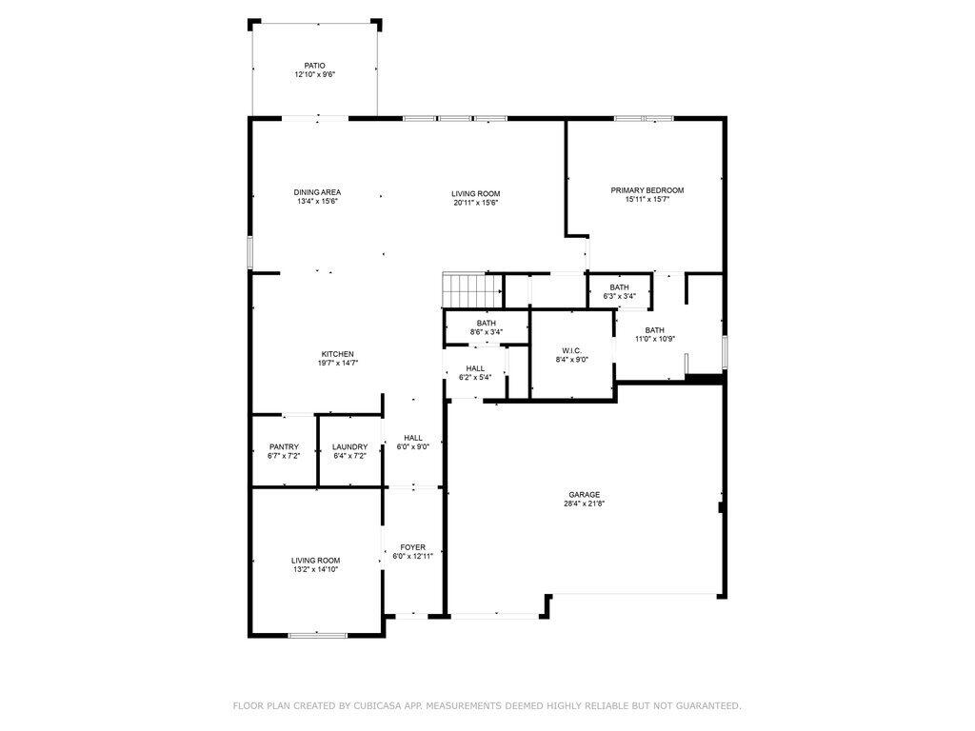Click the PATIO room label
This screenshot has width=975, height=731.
[x=314, y=66]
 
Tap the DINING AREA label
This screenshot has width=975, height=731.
[x=317, y=192]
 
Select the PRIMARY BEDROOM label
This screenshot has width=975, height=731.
[x=647, y=190]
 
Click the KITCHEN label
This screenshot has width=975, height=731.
[x=337, y=354]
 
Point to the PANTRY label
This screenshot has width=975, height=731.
[x=284, y=447]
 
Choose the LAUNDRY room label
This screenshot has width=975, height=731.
[x=349, y=447]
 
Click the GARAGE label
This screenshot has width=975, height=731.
[x=584, y=495]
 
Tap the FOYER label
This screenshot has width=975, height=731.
[x=412, y=547]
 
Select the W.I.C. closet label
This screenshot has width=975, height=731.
[x=571, y=351]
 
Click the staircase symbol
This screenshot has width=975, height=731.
[x=472, y=288]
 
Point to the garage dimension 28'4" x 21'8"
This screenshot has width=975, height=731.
[x=584, y=504]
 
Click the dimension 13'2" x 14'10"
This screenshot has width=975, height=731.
[x=315, y=569]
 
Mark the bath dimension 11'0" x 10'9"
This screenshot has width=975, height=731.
[x=654, y=340]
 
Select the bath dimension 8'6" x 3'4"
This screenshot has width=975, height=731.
[x=487, y=332]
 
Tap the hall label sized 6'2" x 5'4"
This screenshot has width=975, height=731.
[x=475, y=368]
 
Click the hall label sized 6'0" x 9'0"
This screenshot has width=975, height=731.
[x=412, y=438]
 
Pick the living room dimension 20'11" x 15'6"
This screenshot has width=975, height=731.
[x=475, y=203]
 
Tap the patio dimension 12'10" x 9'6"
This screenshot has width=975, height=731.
[x=314, y=74]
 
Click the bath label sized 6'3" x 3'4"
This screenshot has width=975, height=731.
[x=619, y=287]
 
